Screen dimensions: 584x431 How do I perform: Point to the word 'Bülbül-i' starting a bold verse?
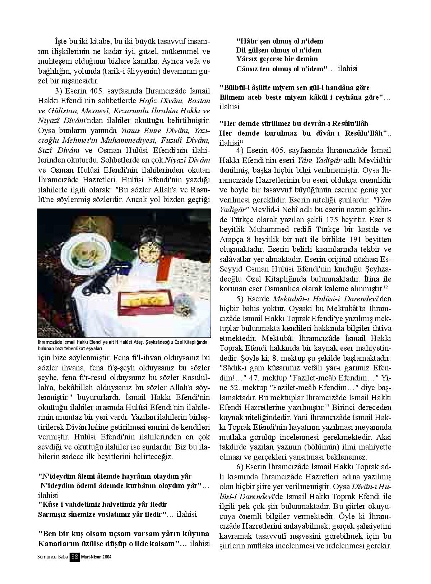[x=233, y=87]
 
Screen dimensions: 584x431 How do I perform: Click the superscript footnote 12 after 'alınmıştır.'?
[x=385, y=287]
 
